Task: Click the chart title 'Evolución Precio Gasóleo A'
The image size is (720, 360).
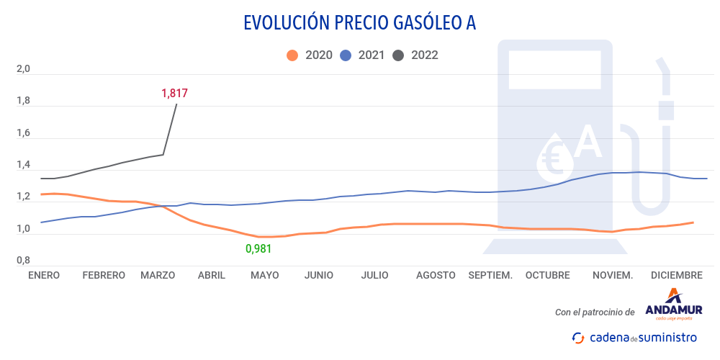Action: [360, 23]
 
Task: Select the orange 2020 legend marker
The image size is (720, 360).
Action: [292, 55]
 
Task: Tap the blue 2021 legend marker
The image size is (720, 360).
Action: [345, 55]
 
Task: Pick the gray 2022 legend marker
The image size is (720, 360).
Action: [397, 55]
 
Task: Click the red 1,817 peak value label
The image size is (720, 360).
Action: [174, 93]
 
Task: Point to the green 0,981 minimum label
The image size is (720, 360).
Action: [259, 248]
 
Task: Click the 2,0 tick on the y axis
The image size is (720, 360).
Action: [23, 70]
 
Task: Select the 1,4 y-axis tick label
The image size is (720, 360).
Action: [23, 166]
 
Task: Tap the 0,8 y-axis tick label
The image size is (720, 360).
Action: [23, 261]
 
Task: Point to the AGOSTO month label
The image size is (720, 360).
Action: [436, 275]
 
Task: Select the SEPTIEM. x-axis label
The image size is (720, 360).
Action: [490, 275]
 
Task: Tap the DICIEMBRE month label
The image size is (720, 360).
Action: [676, 275]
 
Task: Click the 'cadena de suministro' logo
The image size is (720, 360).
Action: [634, 337]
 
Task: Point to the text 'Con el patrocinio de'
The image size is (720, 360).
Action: [595, 312]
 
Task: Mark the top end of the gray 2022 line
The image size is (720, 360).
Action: [176, 104]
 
